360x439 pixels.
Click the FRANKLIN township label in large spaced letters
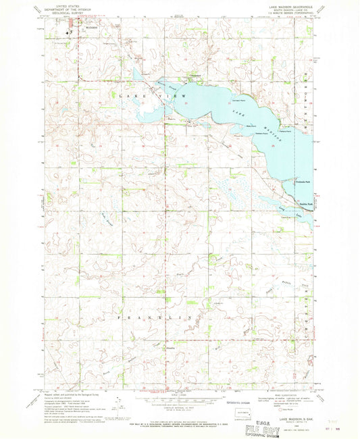click(155, 317)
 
